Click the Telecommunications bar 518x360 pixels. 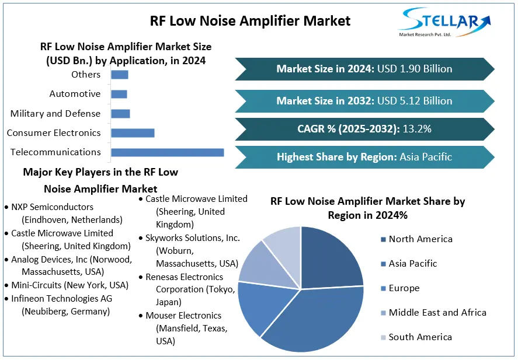(x=167, y=152)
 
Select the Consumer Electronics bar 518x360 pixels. (x=133, y=133)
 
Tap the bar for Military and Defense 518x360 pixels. (x=120, y=113)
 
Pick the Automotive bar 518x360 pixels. (x=119, y=94)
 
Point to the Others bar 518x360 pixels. (x=119, y=75)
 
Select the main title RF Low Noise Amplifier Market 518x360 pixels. (x=250, y=21)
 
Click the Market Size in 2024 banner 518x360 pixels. (x=364, y=69)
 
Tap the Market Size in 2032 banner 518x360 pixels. (x=364, y=101)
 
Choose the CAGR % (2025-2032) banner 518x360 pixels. (x=364, y=129)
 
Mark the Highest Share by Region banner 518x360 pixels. (x=364, y=157)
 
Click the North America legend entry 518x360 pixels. (x=420, y=239)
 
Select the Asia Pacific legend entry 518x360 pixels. (x=412, y=263)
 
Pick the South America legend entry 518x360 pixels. (x=420, y=337)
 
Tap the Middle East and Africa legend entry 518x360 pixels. (x=437, y=312)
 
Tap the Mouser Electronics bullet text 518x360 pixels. (x=183, y=316)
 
